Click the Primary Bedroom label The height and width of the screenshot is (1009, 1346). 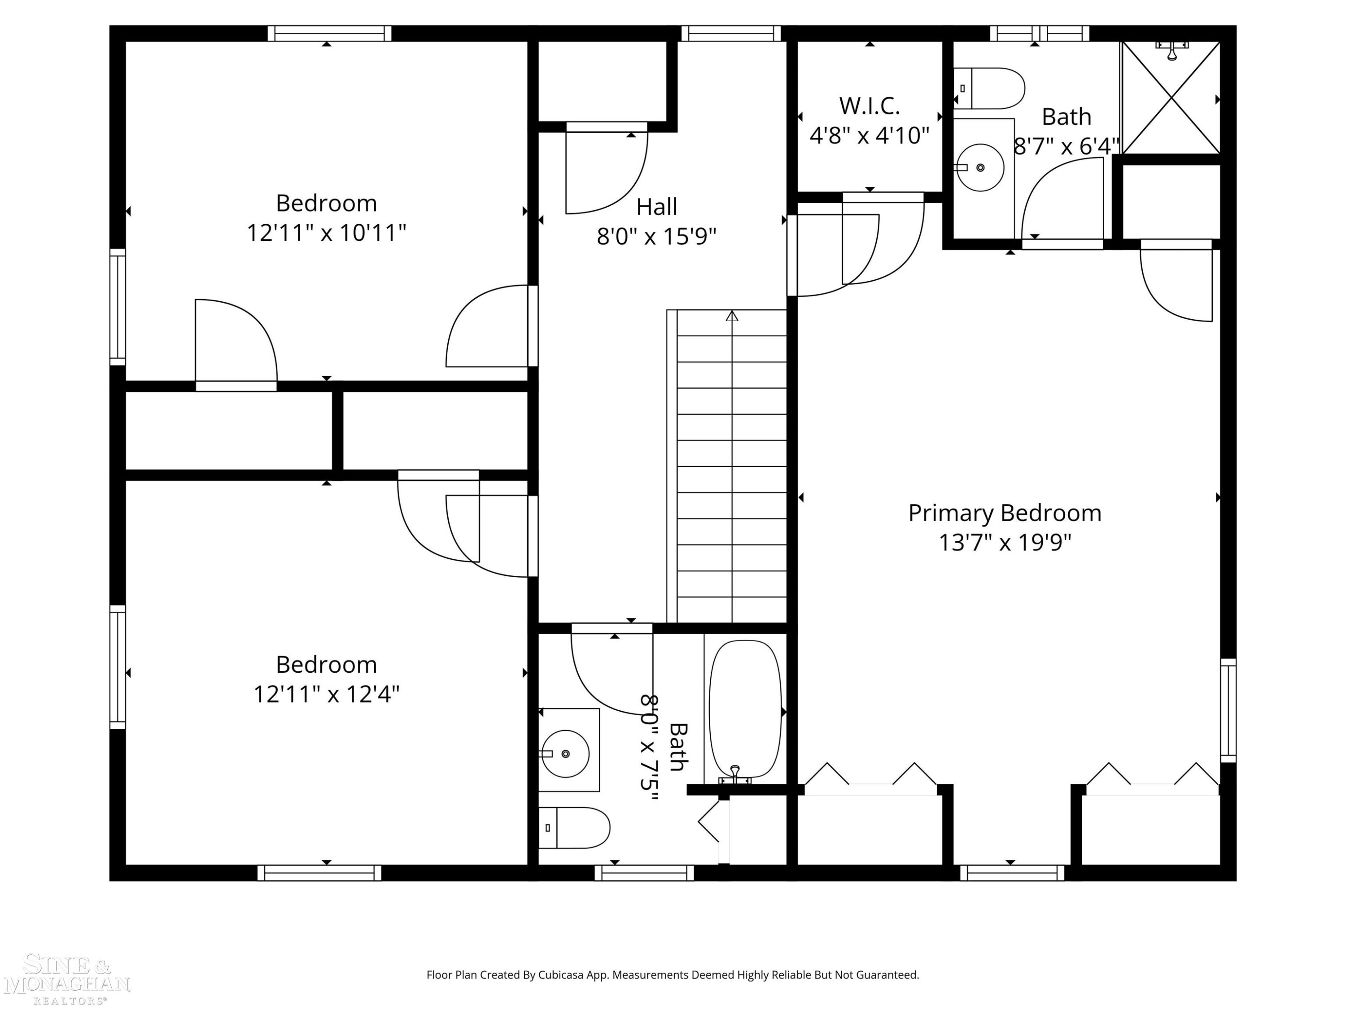1005,513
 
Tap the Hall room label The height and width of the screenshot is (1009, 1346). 656,207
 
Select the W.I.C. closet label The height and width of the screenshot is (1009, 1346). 870,106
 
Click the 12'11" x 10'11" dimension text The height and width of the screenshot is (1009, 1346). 326,232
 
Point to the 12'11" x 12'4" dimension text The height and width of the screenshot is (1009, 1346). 326,693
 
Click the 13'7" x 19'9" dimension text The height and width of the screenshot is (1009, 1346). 1005,542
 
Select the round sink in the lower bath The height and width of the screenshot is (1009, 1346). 565,753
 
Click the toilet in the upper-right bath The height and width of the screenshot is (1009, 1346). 989,88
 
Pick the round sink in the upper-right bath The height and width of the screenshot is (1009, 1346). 980,167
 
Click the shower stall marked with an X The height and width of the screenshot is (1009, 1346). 1171,97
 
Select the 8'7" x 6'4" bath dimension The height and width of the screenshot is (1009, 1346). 1066,146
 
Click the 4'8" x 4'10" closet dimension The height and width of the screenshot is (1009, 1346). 870,135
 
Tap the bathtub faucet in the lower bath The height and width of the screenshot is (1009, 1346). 735,775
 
